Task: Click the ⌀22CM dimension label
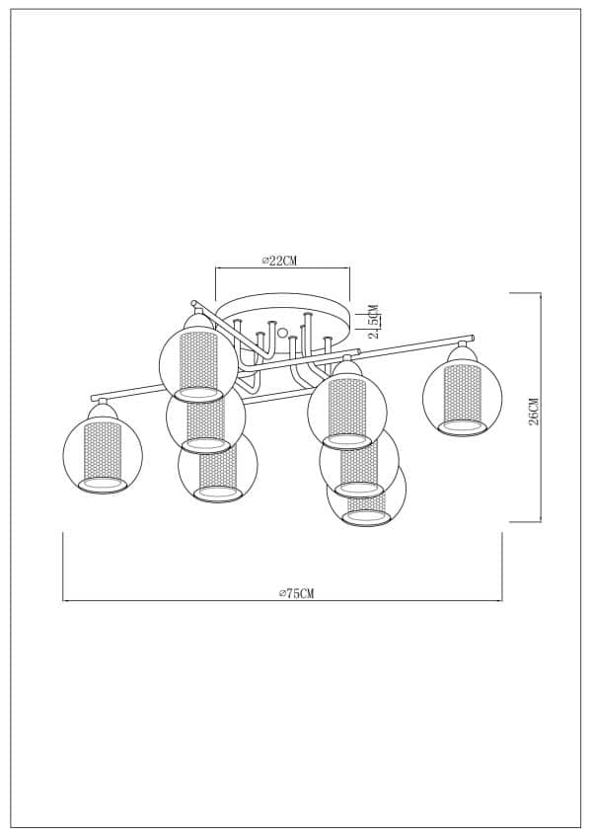(x=280, y=260)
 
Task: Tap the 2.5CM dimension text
(x=374, y=321)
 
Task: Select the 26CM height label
(x=533, y=411)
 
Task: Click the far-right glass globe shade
(x=462, y=397)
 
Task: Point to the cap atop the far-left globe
(x=102, y=409)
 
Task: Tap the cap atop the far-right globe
(x=461, y=352)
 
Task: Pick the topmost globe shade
(x=198, y=362)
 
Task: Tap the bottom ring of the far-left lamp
(x=103, y=485)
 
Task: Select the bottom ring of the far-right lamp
(x=462, y=427)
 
